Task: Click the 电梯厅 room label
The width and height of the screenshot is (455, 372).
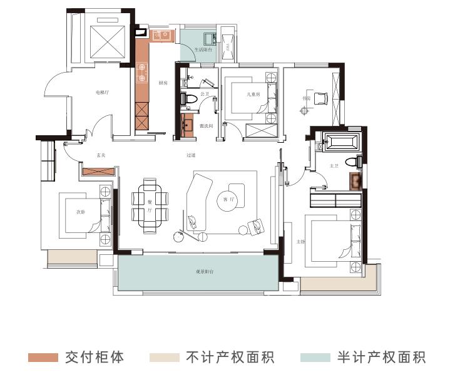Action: click(x=102, y=92)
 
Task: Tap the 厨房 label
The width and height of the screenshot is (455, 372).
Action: click(x=163, y=83)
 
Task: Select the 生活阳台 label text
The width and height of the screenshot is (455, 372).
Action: click(x=203, y=48)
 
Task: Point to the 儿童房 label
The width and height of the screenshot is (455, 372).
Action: click(x=253, y=95)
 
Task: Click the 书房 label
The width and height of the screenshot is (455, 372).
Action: click(x=307, y=98)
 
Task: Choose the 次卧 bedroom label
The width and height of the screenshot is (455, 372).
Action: click(x=81, y=212)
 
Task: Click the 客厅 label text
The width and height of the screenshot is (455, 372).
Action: click(x=228, y=200)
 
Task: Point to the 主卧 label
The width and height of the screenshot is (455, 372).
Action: click(x=300, y=241)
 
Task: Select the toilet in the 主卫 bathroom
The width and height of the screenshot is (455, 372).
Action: click(x=357, y=162)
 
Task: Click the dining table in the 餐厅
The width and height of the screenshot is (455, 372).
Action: click(x=151, y=202)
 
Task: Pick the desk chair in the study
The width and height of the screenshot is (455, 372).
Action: click(x=320, y=98)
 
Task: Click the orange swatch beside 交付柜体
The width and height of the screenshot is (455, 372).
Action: click(x=43, y=358)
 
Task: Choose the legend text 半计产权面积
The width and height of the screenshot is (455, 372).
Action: click(x=382, y=358)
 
